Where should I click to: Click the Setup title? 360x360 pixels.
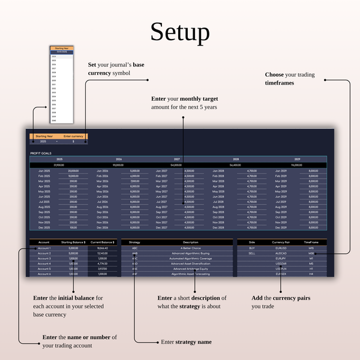tap(180, 32)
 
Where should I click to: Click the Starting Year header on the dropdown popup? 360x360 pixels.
tap(62, 48)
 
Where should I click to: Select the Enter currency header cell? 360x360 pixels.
tap(73, 136)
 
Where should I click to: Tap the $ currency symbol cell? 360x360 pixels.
tap(73, 142)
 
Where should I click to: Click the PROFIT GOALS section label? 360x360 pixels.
tap(41, 153)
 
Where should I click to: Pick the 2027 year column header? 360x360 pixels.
tap(177, 160)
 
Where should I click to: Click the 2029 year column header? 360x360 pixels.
tap(297, 160)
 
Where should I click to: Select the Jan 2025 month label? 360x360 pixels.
tap(44, 170)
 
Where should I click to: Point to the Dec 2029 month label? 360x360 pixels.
tap(283, 227)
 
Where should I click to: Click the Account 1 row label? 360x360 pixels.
tap(44, 247)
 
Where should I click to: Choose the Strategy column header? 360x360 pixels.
tap(134, 242)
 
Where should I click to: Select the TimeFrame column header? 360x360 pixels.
tap(311, 242)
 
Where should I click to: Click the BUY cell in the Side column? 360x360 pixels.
tap(252, 247)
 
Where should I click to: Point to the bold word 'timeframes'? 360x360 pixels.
tap(280, 83)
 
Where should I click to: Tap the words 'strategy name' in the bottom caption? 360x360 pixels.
tap(193, 342)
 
